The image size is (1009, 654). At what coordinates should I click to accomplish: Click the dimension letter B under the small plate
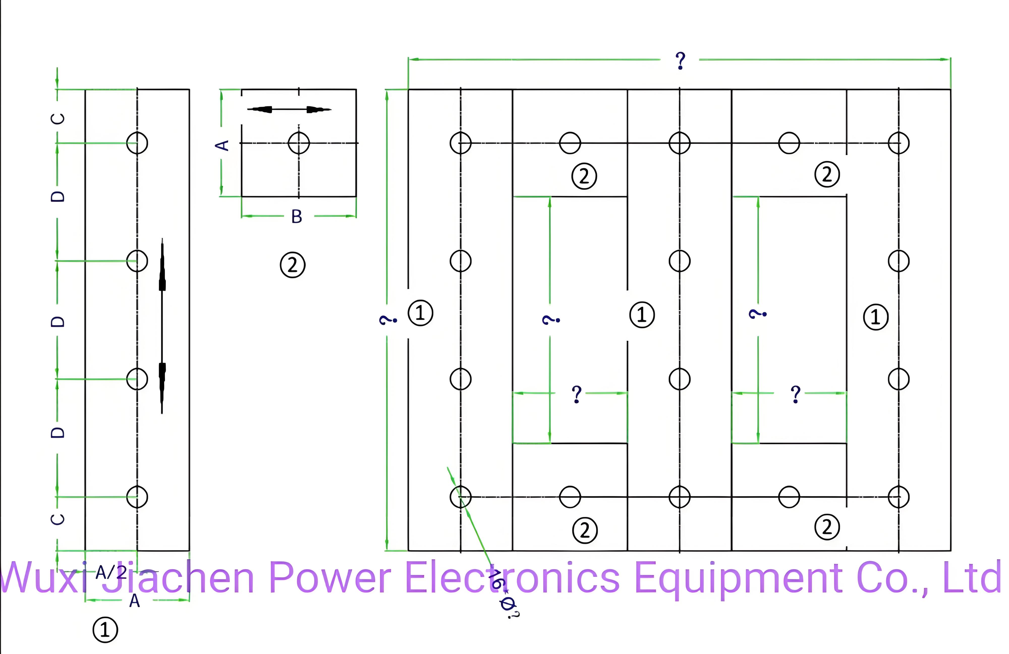297,217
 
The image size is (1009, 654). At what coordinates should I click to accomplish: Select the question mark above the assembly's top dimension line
680,61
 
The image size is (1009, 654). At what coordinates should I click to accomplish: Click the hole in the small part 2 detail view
299,143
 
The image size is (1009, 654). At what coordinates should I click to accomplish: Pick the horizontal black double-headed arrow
289,110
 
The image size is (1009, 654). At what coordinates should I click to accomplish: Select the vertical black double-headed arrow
162,326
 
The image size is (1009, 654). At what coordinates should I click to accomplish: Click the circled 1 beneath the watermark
105,630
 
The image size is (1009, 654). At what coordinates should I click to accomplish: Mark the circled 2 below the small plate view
293,265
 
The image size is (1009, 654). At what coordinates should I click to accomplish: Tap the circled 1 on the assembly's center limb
642,315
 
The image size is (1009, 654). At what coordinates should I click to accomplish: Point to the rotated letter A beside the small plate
222,146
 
